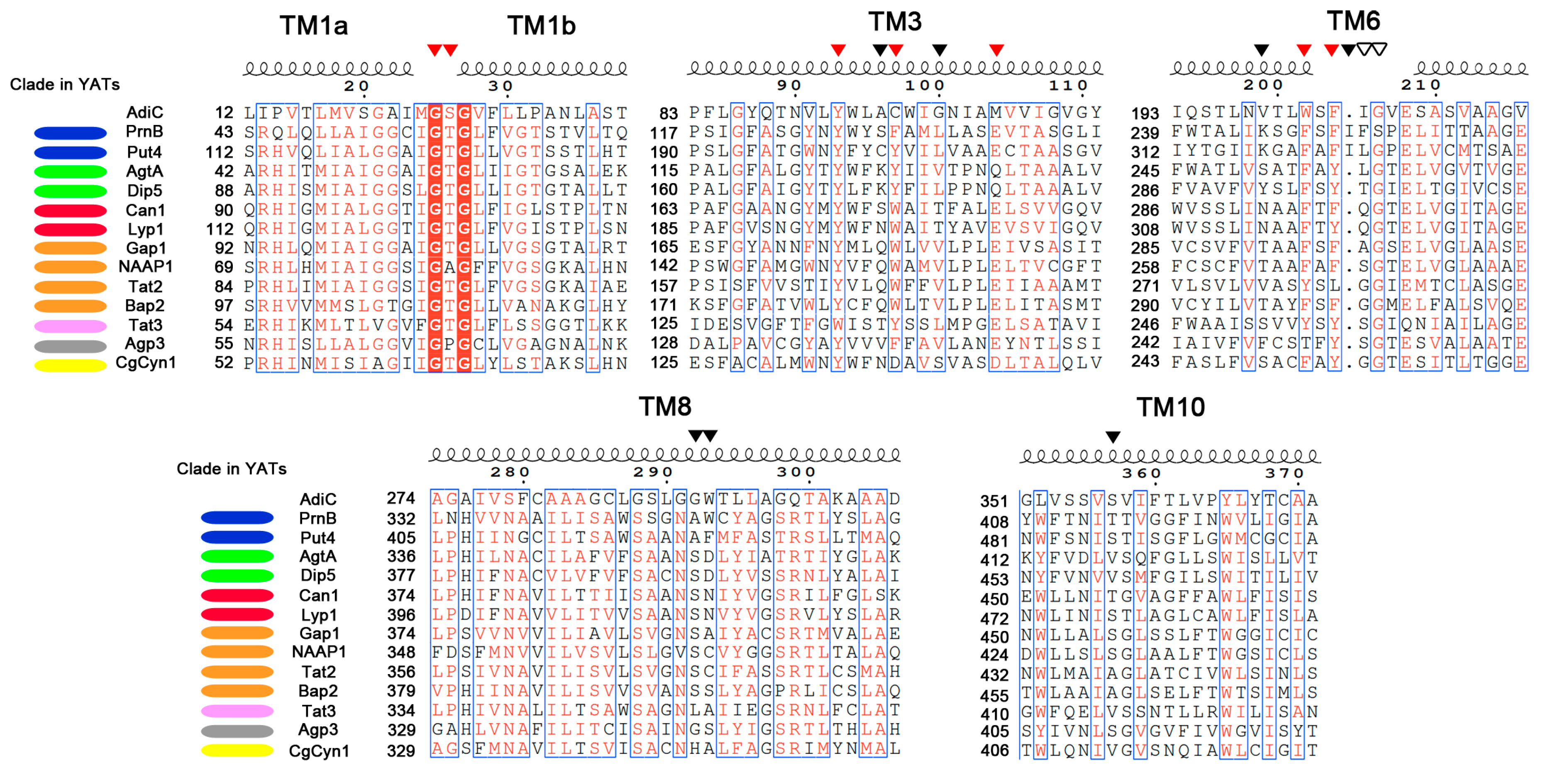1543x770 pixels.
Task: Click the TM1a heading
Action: tap(313, 26)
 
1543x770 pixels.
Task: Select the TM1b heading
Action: tap(542, 26)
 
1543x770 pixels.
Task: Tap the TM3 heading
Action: tap(895, 22)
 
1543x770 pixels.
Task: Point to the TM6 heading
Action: tap(1353, 21)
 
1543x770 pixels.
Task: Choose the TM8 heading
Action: tap(665, 406)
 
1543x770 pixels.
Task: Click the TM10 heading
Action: tap(1170, 408)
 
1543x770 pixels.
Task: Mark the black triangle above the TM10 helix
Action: tap(1112, 437)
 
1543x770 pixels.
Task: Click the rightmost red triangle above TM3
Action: tap(996, 50)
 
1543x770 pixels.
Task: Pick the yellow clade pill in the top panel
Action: tap(70, 365)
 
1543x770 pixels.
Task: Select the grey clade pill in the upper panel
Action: tap(70, 346)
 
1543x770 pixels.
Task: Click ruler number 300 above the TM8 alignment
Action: tap(796, 472)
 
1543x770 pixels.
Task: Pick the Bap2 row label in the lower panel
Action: tap(317, 691)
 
